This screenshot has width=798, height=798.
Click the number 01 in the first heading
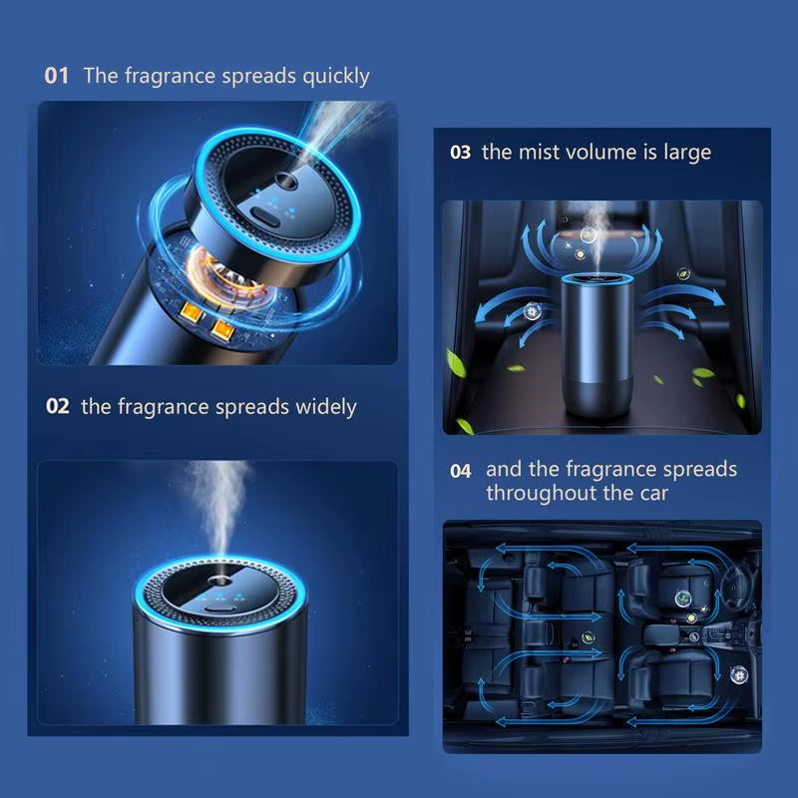[57, 76]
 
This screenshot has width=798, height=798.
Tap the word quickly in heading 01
[334, 76]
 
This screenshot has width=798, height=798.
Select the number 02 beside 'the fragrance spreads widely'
[58, 407]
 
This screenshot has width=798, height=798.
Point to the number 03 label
[460, 153]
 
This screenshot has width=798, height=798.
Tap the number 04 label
[460, 471]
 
